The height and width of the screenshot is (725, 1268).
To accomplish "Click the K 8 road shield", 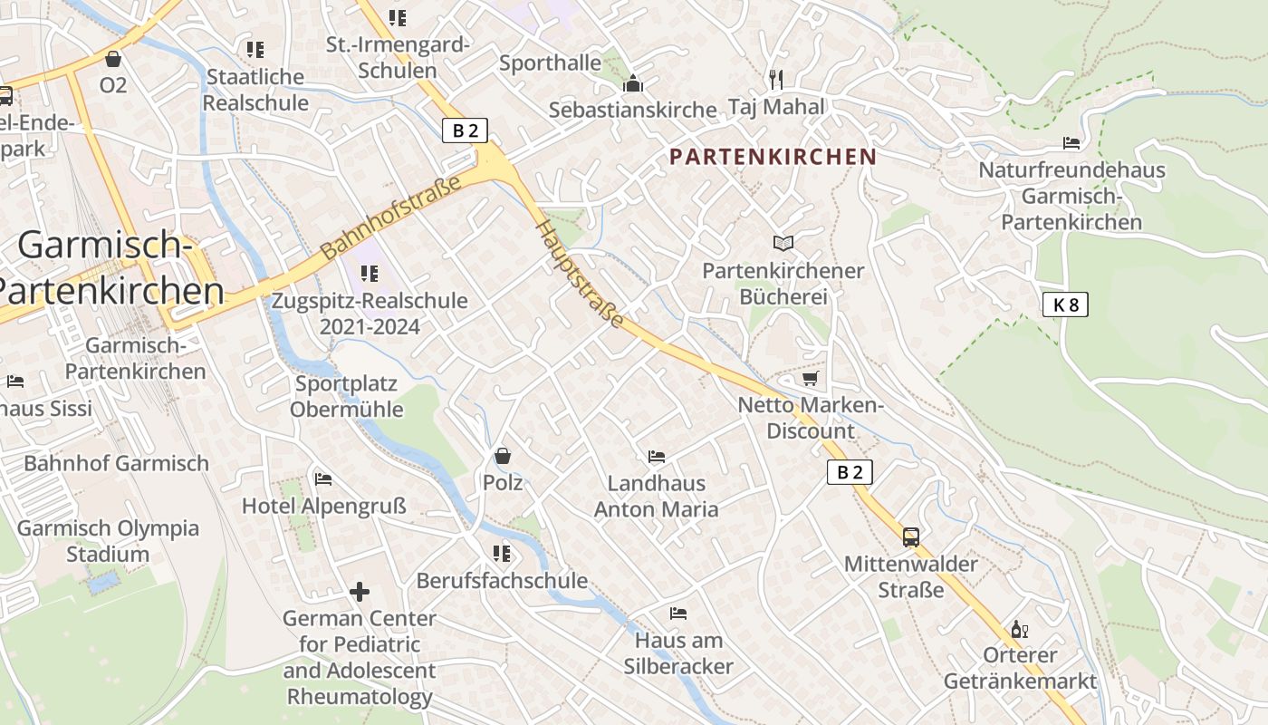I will (x=1064, y=304).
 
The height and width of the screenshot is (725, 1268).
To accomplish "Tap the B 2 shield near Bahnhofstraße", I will (x=465, y=130).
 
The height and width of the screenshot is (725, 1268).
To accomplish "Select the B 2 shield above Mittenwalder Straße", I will (x=850, y=472).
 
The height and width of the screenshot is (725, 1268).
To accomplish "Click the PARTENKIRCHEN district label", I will (x=773, y=157).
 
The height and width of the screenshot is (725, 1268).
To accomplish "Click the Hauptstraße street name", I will (x=581, y=273).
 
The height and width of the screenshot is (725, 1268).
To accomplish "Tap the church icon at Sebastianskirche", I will (x=632, y=84).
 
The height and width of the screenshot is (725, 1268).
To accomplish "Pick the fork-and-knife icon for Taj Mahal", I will (x=775, y=79).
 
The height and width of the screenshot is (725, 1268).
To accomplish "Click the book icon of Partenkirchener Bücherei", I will (x=783, y=243).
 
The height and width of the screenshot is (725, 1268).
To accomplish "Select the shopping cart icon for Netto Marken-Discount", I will (x=810, y=378).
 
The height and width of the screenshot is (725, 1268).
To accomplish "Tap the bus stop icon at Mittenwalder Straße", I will (x=910, y=536).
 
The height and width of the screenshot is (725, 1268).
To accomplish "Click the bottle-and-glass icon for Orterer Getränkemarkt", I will (x=1019, y=629).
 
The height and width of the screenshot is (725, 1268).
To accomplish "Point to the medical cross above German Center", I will (x=360, y=592).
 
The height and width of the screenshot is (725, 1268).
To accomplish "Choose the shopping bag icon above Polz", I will (x=503, y=455).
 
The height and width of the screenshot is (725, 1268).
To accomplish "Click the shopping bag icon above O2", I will (x=113, y=59).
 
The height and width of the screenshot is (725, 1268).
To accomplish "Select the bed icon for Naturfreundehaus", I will (x=1071, y=143).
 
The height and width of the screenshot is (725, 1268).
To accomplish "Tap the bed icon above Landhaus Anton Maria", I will (x=657, y=456).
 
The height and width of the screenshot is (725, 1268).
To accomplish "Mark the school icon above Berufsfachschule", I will (x=501, y=553).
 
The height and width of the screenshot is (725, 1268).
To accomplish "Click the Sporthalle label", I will (x=550, y=63).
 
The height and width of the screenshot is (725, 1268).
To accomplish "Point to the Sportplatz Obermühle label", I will (x=347, y=396).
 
